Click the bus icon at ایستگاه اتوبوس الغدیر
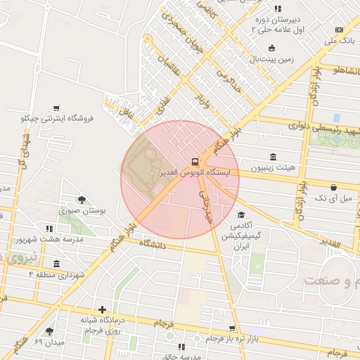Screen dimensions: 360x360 (195, 161)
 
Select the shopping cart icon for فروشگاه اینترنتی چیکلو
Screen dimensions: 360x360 (56, 108)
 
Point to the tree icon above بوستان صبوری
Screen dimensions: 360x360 (82, 200)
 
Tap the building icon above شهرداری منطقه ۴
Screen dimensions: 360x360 (56, 264)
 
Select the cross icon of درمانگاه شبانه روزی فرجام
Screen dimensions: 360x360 (103, 309)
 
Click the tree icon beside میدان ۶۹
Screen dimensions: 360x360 (49, 331)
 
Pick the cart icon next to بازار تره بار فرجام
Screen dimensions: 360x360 (232, 328)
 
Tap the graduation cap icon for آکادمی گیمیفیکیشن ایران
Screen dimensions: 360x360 (241, 215)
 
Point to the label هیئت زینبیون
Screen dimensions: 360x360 (274, 169)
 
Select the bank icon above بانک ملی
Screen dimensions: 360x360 (340, 30)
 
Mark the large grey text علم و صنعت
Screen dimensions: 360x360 (330, 281)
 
